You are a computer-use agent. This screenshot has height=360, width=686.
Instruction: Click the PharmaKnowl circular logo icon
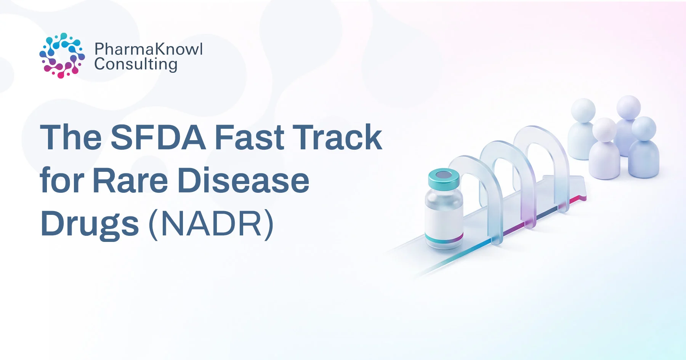(62, 56)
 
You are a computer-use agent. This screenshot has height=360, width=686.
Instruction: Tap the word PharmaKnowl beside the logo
(149, 49)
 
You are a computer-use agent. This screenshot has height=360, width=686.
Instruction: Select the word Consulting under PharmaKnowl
(136, 64)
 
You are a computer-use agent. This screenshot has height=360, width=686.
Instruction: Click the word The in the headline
(71, 137)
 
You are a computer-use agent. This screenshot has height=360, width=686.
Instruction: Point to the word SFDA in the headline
(158, 137)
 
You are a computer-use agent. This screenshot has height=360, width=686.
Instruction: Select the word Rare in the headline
(130, 181)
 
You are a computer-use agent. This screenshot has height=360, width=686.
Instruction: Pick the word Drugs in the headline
(90, 224)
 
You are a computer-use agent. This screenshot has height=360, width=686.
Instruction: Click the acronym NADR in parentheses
(211, 224)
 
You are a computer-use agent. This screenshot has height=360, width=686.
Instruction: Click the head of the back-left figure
(583, 110)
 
